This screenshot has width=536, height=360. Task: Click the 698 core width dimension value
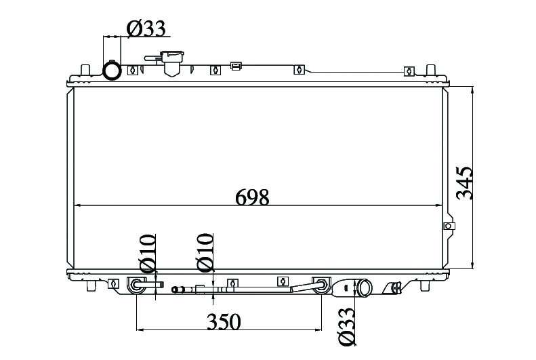(x=252, y=197)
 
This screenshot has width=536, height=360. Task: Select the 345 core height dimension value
(x=465, y=183)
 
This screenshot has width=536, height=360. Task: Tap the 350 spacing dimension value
(x=224, y=321)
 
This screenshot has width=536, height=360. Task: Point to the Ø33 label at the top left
(x=146, y=28)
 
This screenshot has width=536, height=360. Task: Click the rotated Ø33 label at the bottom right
(x=346, y=326)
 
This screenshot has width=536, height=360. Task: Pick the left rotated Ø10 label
(x=147, y=253)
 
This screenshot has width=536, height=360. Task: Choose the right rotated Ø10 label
(x=205, y=252)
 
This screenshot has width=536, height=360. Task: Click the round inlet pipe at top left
(x=112, y=71)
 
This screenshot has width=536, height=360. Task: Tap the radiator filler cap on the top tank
(x=170, y=63)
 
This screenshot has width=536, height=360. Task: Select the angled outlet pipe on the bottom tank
(x=363, y=288)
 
